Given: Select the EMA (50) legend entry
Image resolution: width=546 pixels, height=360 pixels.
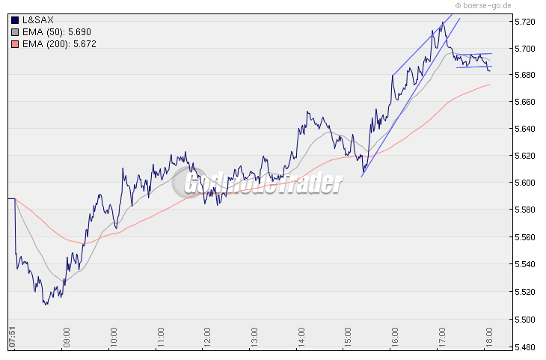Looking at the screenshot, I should pos(52,32).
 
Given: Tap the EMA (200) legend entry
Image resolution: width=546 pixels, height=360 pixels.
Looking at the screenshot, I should pos(55,44).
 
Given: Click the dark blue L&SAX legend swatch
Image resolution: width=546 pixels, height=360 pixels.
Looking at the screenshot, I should pos(16,20).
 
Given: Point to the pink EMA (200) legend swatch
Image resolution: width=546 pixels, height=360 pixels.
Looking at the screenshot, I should pos(16,44).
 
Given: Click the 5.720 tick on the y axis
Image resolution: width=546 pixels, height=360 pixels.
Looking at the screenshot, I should pos(527,22).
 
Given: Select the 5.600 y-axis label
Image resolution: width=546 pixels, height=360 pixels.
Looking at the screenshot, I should pos(527,183).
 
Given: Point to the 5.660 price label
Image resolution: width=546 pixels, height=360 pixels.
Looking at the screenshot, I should pos(527,102).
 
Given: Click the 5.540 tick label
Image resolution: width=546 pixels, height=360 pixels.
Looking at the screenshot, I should pos(527,264).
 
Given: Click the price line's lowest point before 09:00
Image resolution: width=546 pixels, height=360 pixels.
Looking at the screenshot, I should pos(45,305).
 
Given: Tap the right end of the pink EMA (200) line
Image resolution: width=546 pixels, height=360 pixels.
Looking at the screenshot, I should pos(491,85).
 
